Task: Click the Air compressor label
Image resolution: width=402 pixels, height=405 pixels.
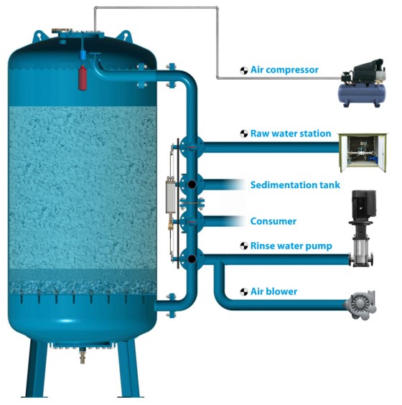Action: coord(284,70)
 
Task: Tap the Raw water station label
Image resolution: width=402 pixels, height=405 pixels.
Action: coord(291,134)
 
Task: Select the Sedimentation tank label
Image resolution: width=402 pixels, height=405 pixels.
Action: coord(295,185)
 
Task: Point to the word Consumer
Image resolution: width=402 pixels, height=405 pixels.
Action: coord(274,221)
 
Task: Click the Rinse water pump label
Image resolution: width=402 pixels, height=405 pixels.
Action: coord(291,246)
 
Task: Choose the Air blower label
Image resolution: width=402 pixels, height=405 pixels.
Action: coord(274,292)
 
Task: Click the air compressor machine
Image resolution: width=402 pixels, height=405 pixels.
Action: coord(362,83)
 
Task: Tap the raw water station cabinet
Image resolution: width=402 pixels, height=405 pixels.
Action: coord(363,152)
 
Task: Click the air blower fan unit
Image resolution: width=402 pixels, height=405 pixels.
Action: coord(360,306)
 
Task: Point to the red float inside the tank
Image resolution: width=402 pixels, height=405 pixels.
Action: coord(83,78)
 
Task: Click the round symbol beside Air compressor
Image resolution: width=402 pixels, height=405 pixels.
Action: coord(244,70)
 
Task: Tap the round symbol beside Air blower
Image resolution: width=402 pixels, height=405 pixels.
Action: coord(244,292)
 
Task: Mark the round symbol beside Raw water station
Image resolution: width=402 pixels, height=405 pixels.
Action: coord(244,134)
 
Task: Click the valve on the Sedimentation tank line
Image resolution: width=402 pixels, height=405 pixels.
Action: coord(192,185)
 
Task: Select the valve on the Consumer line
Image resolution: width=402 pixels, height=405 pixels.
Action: coord(192,221)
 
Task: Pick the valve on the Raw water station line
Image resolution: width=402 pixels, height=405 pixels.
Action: coord(192,147)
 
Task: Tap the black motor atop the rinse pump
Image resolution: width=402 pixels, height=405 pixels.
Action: coord(363,205)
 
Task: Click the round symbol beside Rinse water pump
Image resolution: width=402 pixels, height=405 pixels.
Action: coord(244,246)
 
